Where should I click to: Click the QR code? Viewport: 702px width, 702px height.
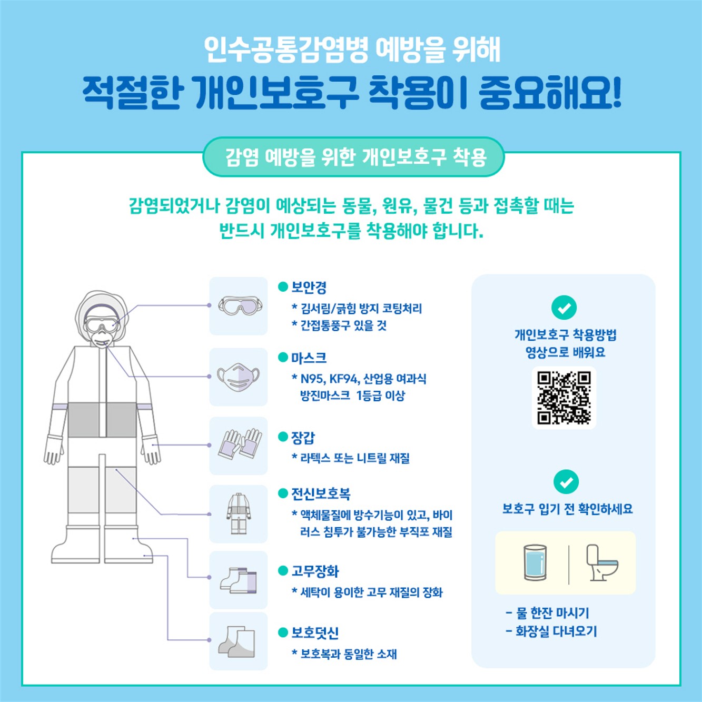563,398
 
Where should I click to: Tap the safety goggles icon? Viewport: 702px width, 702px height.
239,306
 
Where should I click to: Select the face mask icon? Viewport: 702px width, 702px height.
239,377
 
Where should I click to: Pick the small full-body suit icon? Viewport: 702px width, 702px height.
239,513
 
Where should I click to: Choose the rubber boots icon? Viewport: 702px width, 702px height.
239,580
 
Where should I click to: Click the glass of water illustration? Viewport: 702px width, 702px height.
535,563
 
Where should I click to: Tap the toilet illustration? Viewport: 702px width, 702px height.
601,563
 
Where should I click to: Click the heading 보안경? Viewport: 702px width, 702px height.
309,288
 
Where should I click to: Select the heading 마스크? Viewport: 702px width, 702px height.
309,358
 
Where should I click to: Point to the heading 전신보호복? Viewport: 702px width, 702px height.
321,494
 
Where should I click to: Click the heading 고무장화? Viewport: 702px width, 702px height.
315,571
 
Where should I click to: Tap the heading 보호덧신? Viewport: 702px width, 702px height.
315,632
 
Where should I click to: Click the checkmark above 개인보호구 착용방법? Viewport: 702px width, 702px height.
563,308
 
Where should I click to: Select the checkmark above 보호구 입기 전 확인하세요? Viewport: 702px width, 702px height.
566,482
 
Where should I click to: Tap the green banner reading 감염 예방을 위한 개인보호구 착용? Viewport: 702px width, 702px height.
354,157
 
